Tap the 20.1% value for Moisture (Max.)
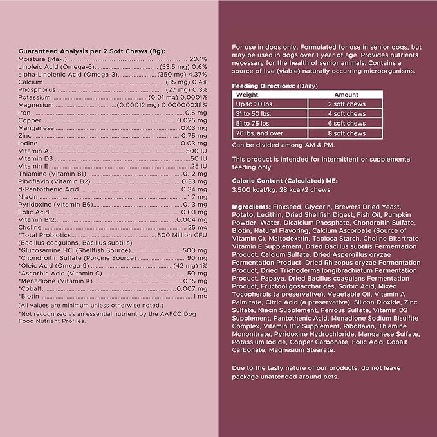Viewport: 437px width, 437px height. [x=198, y=59]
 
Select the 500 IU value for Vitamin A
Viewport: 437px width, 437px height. [x=196, y=149]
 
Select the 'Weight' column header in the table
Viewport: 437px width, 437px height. [x=247, y=94]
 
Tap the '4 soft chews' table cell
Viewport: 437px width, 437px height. [x=346, y=113]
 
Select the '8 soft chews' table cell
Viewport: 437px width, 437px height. [x=346, y=133]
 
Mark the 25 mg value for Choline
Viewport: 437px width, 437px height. [x=198, y=227]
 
